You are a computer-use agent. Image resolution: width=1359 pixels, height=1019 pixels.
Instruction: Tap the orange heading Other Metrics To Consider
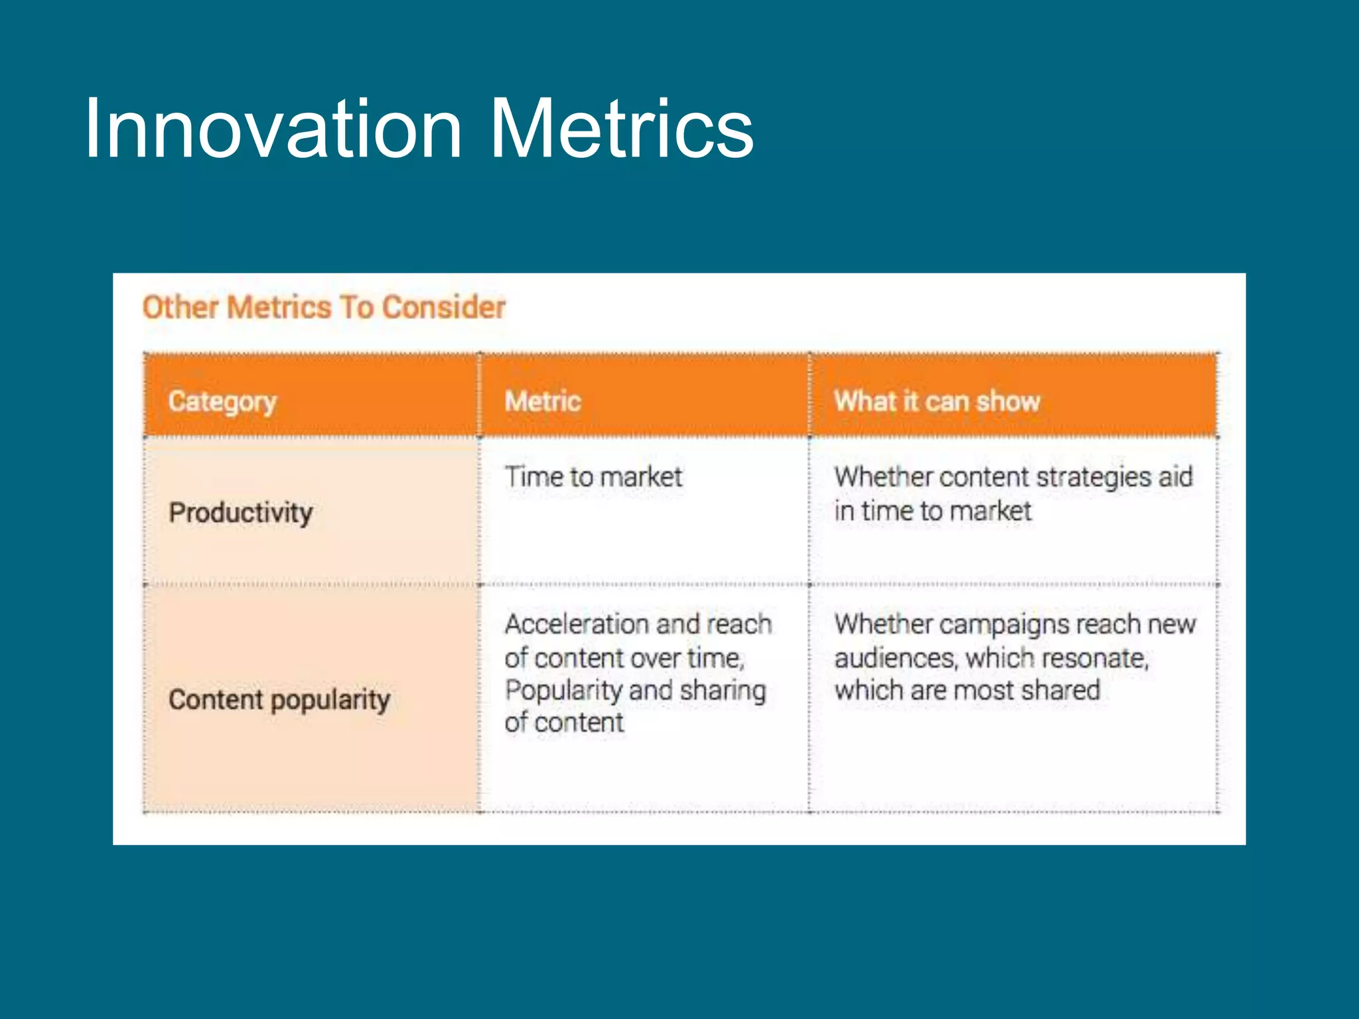324,308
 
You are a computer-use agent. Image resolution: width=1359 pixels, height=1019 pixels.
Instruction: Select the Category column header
222,401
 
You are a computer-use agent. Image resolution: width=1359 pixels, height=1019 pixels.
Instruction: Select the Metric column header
543,401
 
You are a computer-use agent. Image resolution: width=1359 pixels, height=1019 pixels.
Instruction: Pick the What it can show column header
936,401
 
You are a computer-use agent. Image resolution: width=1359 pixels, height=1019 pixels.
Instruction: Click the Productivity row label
240,513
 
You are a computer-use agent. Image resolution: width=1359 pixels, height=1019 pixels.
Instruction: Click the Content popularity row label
279,700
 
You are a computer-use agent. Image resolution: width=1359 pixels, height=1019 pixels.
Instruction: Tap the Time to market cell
593,477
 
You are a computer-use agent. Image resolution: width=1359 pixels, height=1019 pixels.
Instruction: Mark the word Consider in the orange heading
444,308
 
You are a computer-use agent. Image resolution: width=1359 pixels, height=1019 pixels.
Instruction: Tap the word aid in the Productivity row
1175,477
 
